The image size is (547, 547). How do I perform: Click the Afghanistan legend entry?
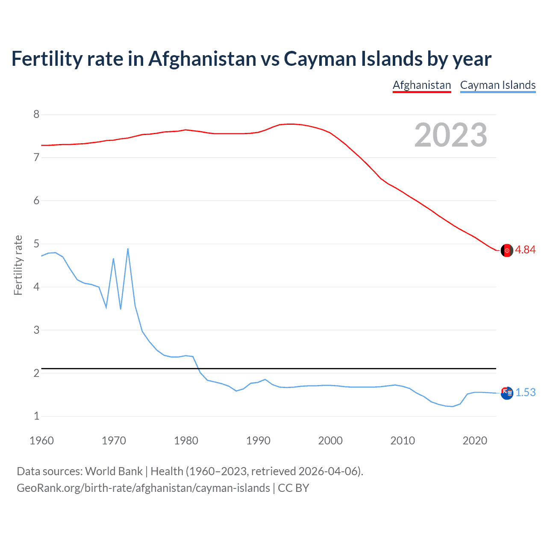[422, 85]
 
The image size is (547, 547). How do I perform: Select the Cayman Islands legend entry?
[498, 85]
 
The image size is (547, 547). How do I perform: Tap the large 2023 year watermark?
[451, 135]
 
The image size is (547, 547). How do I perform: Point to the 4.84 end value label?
[525, 250]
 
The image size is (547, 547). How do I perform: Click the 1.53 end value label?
[525, 392]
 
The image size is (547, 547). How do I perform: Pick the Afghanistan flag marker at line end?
[507, 250]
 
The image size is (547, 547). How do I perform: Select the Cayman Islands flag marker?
[507, 393]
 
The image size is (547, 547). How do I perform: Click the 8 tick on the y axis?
[36, 115]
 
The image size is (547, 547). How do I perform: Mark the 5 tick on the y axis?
[36, 244]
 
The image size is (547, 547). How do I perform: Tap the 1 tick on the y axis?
[36, 416]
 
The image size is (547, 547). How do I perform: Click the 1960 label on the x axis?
[41, 441]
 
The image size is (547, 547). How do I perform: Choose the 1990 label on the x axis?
[258, 441]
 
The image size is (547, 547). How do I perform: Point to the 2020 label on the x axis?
[475, 441]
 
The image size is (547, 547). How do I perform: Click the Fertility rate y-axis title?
[18, 265]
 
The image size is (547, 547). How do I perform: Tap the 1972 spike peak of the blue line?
[128, 249]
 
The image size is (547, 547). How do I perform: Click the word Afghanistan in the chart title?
[202, 59]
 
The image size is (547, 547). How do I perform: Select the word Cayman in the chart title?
[316, 59]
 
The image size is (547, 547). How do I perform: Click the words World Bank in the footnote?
[114, 471]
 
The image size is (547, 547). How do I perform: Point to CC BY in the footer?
[293, 488]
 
